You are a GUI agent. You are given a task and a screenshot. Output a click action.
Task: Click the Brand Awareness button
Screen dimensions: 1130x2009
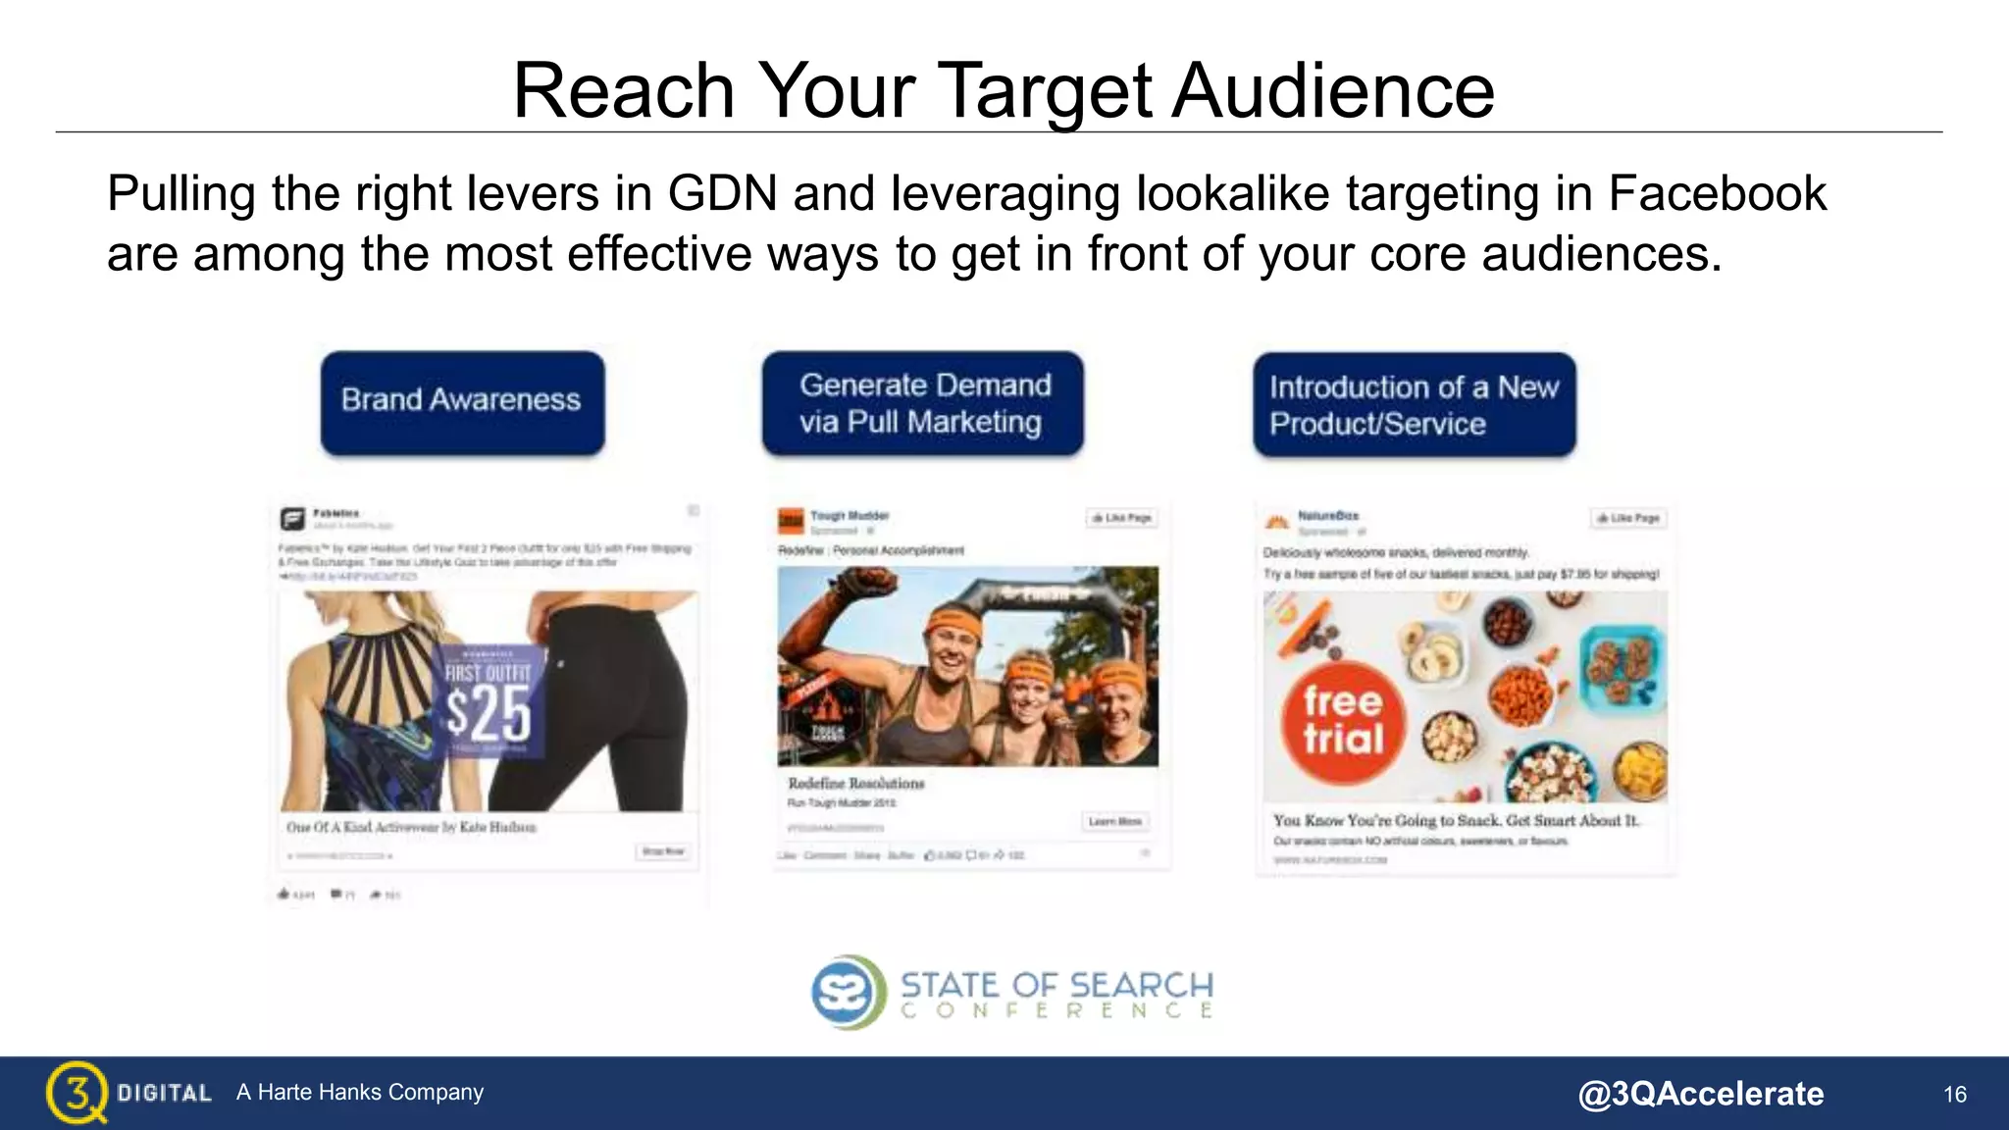click(x=462, y=402)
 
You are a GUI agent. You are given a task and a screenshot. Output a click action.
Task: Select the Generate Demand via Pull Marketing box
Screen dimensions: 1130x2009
click(x=922, y=403)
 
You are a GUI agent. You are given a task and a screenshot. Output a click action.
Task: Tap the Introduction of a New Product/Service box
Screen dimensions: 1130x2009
click(x=1414, y=405)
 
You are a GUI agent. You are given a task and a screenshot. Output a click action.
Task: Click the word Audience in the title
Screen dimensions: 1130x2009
click(x=1333, y=91)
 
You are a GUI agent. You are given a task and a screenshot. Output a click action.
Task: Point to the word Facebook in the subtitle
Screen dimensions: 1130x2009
click(x=1717, y=193)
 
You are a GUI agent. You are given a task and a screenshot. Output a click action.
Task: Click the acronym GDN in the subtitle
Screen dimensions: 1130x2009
click(x=723, y=193)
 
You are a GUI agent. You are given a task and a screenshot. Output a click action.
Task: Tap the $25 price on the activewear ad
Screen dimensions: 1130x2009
click(x=488, y=713)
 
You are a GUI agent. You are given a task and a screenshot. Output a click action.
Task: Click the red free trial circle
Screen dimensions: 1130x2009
click(x=1343, y=721)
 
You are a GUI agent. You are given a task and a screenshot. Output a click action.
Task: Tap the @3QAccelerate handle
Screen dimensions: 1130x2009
click(x=1700, y=1094)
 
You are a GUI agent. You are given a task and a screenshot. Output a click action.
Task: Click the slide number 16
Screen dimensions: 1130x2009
click(x=1954, y=1095)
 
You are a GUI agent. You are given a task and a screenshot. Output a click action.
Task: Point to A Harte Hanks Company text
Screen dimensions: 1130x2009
click(x=360, y=1092)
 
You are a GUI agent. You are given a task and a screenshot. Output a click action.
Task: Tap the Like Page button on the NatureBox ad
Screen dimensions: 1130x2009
click(x=1628, y=518)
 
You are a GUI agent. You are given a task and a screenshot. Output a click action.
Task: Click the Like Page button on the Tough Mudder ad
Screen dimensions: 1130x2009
click(x=1122, y=517)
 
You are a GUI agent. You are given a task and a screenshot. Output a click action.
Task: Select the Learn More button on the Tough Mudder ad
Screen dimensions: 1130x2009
click(x=1114, y=821)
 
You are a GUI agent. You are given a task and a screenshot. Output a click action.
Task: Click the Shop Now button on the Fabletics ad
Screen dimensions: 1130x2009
click(x=663, y=851)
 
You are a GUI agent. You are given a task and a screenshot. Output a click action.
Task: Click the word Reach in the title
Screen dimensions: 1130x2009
click(x=623, y=91)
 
